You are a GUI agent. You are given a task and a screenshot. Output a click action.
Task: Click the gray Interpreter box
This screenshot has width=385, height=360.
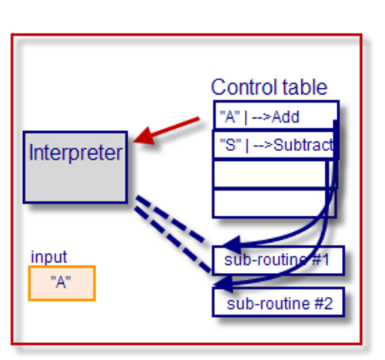click(x=75, y=167)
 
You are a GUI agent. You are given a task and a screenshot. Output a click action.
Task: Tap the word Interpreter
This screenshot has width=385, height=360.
click(x=75, y=153)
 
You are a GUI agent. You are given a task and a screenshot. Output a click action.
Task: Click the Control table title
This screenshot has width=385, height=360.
click(x=269, y=87)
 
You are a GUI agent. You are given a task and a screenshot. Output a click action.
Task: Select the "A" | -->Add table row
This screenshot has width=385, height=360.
click(x=276, y=116)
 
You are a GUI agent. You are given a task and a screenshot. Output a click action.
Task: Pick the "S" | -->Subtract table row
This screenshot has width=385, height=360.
click(x=276, y=145)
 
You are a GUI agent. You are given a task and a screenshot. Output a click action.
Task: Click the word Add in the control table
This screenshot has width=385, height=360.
click(x=286, y=117)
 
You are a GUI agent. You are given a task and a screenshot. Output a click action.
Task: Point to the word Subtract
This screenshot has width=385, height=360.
click(x=303, y=145)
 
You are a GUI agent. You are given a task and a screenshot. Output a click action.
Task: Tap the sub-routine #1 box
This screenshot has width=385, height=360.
click(x=278, y=261)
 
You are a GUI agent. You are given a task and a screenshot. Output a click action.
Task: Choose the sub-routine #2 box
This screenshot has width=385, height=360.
click(x=278, y=302)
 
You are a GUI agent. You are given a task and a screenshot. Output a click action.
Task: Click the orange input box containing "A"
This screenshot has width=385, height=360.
click(x=62, y=283)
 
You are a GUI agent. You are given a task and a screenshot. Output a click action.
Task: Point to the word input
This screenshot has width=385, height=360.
click(x=49, y=257)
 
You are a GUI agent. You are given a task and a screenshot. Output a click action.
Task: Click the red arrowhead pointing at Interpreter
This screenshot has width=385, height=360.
click(x=144, y=136)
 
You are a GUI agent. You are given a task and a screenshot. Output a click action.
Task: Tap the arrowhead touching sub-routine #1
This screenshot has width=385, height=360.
click(x=232, y=244)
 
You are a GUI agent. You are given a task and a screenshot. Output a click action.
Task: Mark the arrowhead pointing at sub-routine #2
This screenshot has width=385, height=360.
click(x=223, y=284)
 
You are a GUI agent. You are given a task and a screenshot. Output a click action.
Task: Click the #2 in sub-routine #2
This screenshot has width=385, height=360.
click(x=324, y=304)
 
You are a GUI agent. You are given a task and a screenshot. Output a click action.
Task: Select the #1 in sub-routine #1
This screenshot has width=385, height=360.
click(x=320, y=260)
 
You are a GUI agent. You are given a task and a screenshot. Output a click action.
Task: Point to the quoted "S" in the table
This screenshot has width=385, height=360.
click(x=231, y=144)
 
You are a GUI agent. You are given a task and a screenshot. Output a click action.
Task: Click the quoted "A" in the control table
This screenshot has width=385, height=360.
click(x=230, y=116)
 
